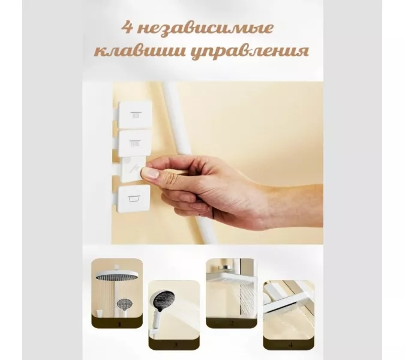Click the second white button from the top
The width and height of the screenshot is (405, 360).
click(x=134, y=143)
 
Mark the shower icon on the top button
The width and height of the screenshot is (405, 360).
click(x=135, y=114)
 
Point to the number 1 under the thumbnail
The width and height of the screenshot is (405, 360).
click(x=118, y=323)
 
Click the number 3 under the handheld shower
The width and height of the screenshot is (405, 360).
click(x=175, y=345)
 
